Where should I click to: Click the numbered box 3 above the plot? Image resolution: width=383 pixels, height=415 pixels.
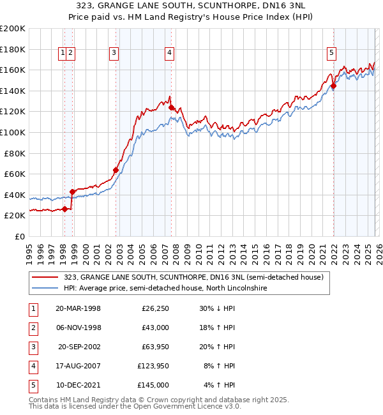click(114, 54)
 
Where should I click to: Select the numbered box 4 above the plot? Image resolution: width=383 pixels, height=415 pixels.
click(169, 54)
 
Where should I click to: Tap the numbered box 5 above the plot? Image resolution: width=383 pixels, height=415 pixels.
click(332, 54)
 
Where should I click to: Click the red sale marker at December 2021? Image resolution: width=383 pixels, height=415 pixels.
click(334, 86)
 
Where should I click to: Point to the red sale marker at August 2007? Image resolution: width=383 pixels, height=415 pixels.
click(171, 107)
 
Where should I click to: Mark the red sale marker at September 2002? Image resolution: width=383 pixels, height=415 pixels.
click(116, 170)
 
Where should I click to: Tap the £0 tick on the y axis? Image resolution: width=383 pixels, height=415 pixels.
click(19, 236)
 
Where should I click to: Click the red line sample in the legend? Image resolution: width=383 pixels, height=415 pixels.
click(46, 277)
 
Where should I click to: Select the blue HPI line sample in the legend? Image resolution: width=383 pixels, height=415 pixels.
click(46, 289)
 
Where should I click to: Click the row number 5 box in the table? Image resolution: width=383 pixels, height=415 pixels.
click(32, 386)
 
